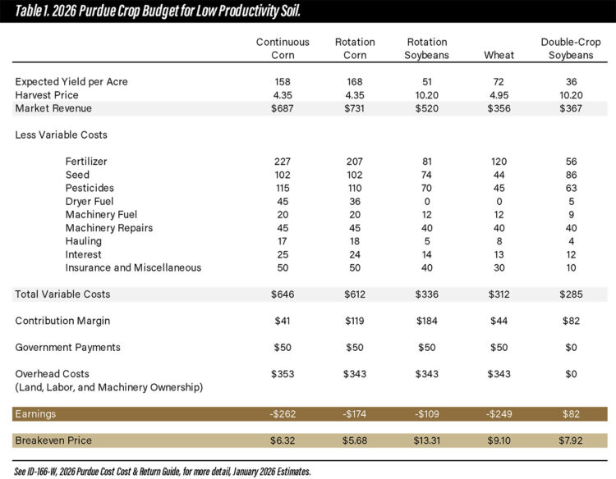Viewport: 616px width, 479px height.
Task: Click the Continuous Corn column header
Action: coord(282,48)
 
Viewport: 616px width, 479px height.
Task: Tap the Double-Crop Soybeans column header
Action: coord(566,48)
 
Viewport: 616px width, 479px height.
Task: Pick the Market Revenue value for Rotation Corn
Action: coord(355,108)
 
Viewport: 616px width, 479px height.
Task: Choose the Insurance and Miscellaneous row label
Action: coord(133,267)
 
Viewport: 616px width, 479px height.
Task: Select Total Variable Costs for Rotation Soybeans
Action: coord(426,294)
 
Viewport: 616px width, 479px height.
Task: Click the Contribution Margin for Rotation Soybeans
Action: coord(426,321)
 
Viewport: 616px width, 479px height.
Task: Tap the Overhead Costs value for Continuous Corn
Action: coord(282,374)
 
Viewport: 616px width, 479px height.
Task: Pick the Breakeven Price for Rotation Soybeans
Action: coord(426,441)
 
